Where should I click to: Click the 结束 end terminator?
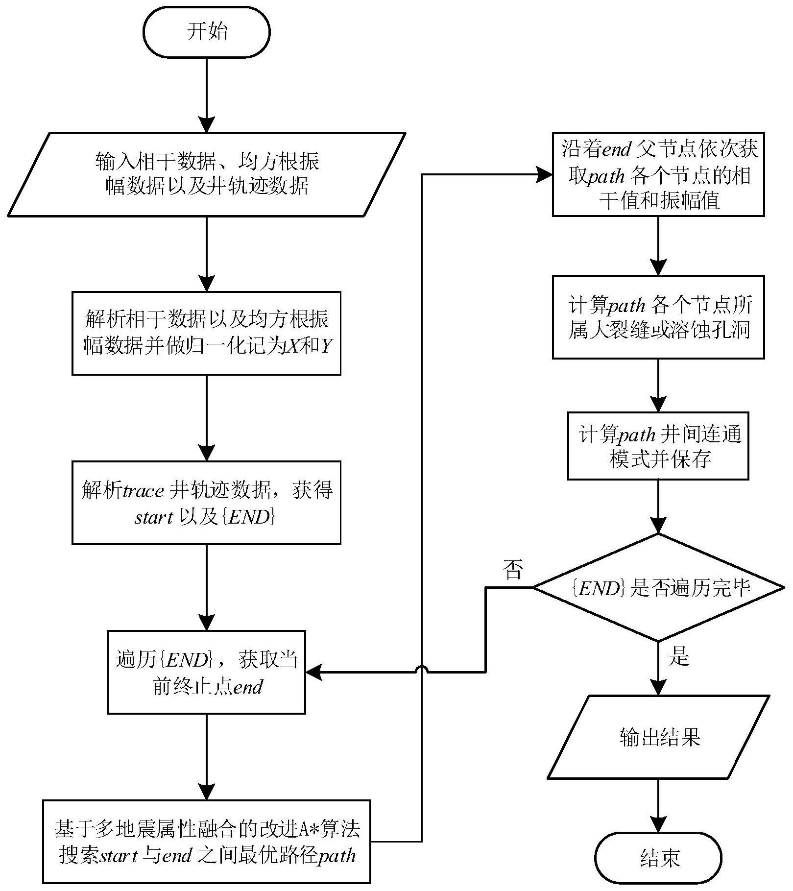pyautogui.click(x=658, y=858)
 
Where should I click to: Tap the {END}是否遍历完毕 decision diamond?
pyautogui.click(x=658, y=587)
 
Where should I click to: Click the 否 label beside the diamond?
pyautogui.click(x=513, y=570)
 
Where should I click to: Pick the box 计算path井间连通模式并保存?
pyautogui.click(x=658, y=446)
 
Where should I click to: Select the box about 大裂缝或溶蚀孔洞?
pyautogui.click(x=658, y=317)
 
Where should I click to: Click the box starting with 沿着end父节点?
pyautogui.click(x=658, y=174)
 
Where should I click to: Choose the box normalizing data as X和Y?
pyautogui.click(x=207, y=333)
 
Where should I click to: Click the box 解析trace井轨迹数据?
pyautogui.click(x=207, y=503)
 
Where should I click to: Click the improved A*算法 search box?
pyautogui.click(x=207, y=841)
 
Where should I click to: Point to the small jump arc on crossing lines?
pyautogui.click(x=422, y=670)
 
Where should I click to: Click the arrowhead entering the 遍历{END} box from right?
pyautogui.click(x=313, y=672)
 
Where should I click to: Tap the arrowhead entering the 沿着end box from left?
pyautogui.click(x=545, y=174)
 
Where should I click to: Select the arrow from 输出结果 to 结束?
pyautogui.click(x=658, y=803)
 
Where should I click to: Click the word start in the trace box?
pyautogui.click(x=153, y=517)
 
